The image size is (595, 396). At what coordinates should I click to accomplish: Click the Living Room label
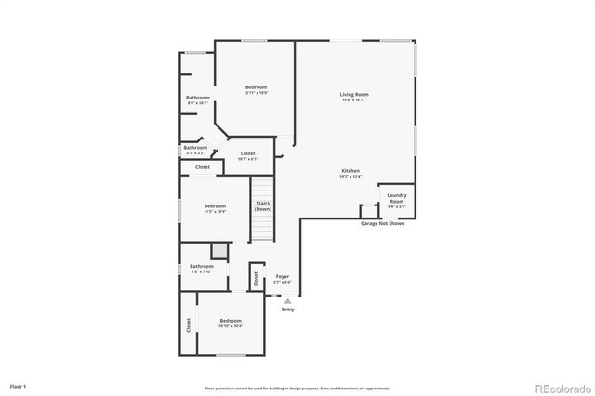[353, 95]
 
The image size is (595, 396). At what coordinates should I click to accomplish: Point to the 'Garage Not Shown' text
[382, 224]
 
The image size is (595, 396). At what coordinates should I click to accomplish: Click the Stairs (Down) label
[263, 206]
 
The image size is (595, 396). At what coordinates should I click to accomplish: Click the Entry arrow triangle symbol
[288, 301]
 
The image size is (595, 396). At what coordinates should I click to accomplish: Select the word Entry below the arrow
[288, 310]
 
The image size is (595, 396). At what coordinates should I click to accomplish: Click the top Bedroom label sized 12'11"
[256, 89]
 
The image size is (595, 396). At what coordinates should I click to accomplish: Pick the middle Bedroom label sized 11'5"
[215, 208]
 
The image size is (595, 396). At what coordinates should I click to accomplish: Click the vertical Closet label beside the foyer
[256, 278]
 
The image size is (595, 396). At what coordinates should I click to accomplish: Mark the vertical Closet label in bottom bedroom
[188, 324]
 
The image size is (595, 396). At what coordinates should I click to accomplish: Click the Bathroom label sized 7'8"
[202, 269]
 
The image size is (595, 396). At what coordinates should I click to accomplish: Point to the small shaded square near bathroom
[218, 250]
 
